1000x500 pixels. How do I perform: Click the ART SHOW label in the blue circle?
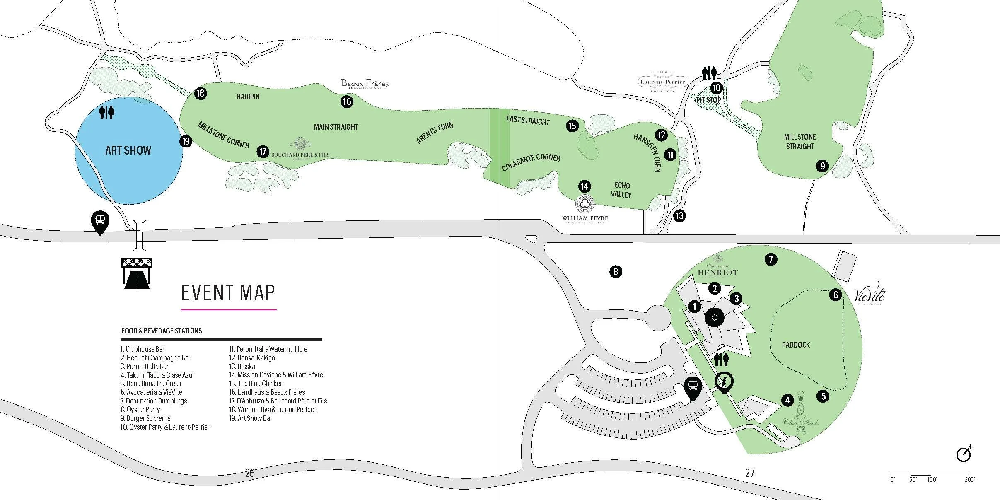point(128,150)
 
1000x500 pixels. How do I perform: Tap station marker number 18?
point(200,93)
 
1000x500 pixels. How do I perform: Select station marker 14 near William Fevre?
point(584,186)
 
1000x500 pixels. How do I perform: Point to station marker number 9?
point(822,166)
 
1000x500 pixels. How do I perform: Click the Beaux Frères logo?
point(365,84)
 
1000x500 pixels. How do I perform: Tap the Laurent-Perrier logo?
point(663,82)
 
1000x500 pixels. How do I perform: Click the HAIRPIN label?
point(248,97)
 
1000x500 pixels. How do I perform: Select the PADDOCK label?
point(795,345)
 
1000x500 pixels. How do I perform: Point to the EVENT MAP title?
point(228,292)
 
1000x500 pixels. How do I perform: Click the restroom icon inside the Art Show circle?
point(106,112)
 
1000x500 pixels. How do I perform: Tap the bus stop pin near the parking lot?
point(693,387)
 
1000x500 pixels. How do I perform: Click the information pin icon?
point(724,382)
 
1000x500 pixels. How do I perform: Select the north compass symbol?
point(964,454)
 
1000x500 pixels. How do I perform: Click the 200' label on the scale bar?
point(969,480)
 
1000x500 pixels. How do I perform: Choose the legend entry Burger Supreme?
point(145,418)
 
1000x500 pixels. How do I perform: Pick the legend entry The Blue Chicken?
point(256,384)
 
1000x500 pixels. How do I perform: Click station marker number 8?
point(616,272)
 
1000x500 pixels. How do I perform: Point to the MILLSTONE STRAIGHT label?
point(800,142)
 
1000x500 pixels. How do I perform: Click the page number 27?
point(750,473)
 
